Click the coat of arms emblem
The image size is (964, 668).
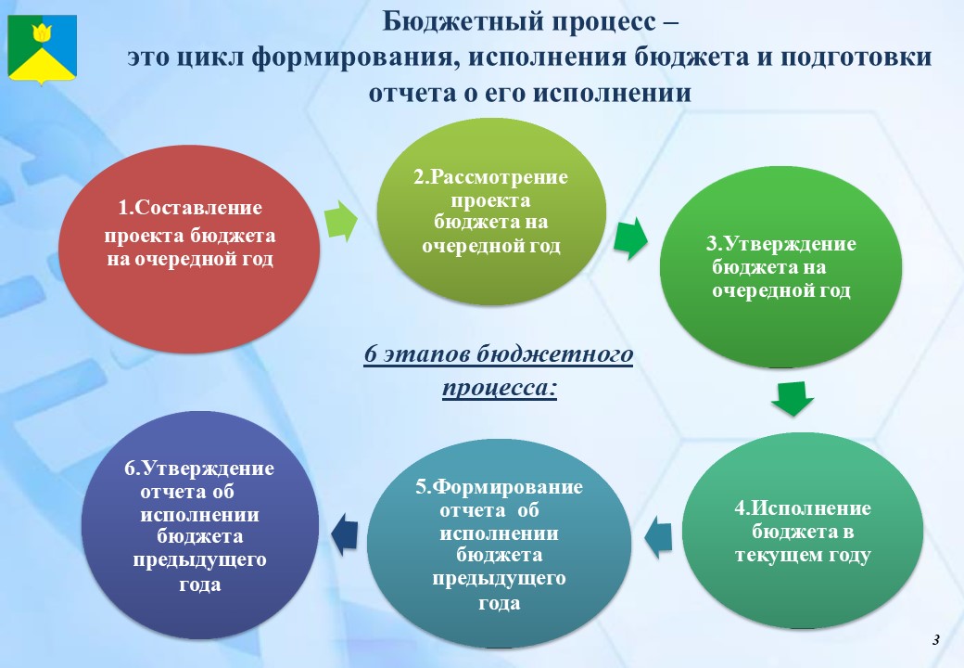click(x=42, y=48)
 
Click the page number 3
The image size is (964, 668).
click(x=935, y=640)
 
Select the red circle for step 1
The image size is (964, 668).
click(x=189, y=250)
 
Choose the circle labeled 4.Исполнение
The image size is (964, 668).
click(x=803, y=531)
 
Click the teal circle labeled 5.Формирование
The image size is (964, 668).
click(x=499, y=544)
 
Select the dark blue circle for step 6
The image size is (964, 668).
click(x=200, y=525)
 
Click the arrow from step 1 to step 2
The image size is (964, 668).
click(x=340, y=221)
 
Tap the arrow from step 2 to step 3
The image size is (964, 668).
click(x=631, y=238)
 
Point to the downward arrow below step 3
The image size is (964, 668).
click(x=793, y=399)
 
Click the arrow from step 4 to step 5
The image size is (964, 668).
click(x=658, y=537)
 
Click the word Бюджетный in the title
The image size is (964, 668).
click(x=459, y=21)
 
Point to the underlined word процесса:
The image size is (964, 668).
click(x=500, y=388)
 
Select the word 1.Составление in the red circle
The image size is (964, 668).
click(x=190, y=208)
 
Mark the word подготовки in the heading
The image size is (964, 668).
click(x=856, y=58)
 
